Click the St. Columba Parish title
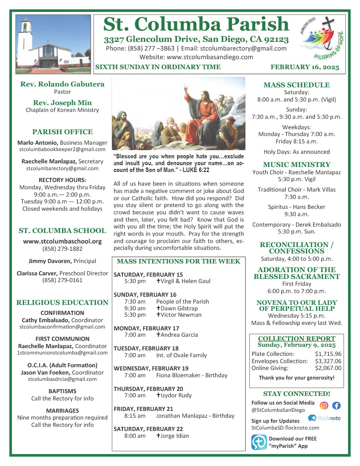[196, 25]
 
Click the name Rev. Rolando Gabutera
[62, 84]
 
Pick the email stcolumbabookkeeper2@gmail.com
[62, 149]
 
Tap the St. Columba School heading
[62, 230]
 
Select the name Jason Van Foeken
[42, 372]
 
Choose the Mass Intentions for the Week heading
[178, 261]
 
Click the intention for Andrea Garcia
[177, 335]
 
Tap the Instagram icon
[324, 406]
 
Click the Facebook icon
[336, 406]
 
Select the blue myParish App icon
[259, 442]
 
